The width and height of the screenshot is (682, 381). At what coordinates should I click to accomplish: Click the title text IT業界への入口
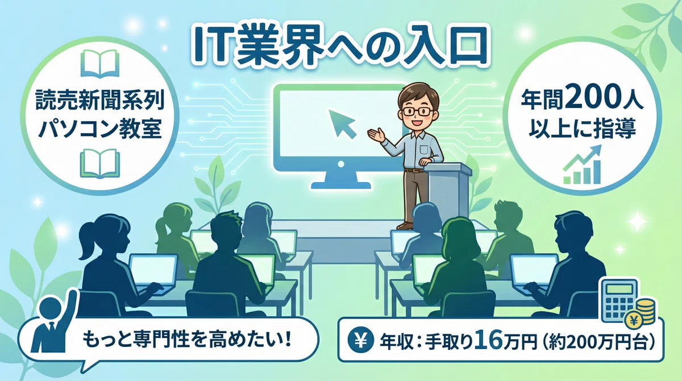[x=340, y=45]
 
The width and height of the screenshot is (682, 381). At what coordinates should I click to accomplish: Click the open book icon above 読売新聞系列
[x=99, y=64]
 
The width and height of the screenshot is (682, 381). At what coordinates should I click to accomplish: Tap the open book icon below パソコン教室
[x=99, y=163]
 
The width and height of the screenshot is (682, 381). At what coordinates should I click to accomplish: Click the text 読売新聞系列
[x=100, y=100]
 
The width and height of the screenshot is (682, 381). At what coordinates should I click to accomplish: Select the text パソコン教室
[x=100, y=129]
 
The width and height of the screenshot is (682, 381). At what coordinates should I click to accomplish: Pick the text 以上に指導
[x=582, y=129]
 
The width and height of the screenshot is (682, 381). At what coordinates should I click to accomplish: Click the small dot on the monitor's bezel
[x=341, y=164]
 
